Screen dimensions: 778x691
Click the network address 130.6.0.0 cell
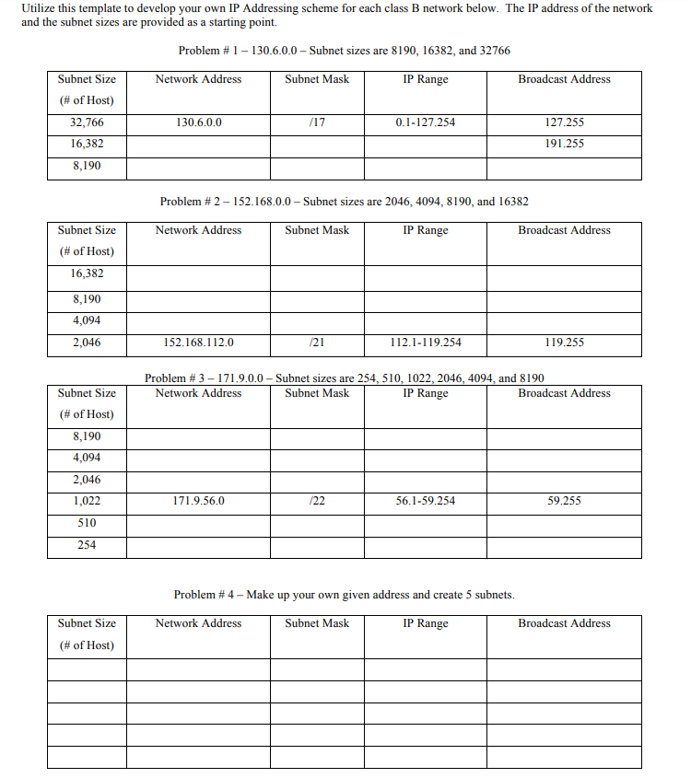[x=198, y=122]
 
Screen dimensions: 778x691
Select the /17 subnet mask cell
[x=317, y=122]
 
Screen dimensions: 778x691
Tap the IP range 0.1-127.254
[x=425, y=122]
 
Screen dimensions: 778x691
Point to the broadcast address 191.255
[x=564, y=144]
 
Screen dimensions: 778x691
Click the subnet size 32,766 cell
[x=87, y=122]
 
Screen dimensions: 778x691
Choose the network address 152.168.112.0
[x=198, y=343]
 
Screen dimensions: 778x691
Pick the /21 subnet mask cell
[x=317, y=343]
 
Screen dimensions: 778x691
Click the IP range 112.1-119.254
[x=425, y=343]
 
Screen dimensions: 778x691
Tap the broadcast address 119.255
[x=564, y=343]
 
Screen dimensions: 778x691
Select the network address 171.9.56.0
[x=198, y=502]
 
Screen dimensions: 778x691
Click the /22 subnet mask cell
[x=317, y=502]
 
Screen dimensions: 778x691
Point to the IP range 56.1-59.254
[x=425, y=502]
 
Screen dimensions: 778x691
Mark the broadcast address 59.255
[x=564, y=502]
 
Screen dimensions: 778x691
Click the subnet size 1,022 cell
[x=87, y=502]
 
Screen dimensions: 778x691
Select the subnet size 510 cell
[x=87, y=523]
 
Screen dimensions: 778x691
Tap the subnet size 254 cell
[x=87, y=545]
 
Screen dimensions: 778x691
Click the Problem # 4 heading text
[x=344, y=595]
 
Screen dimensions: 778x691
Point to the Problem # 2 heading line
[x=344, y=202]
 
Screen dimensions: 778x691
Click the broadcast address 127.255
[x=564, y=122]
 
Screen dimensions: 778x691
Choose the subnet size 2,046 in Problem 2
[x=87, y=343]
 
